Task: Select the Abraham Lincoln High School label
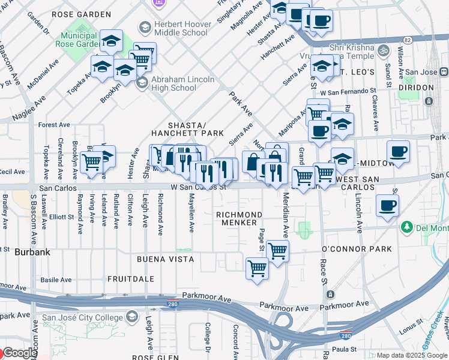click(182, 83)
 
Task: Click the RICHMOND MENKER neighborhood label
click(239, 218)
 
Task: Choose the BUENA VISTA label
click(165, 259)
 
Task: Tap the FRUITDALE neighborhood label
click(131, 279)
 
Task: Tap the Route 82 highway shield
click(408, 40)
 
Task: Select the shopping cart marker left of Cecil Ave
click(91, 161)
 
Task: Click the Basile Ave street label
click(56, 280)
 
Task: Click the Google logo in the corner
click(19, 353)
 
